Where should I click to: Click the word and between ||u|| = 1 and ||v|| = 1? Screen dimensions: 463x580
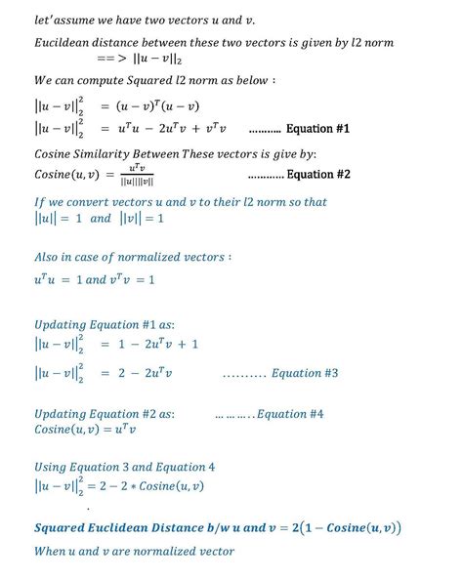tap(101, 219)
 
